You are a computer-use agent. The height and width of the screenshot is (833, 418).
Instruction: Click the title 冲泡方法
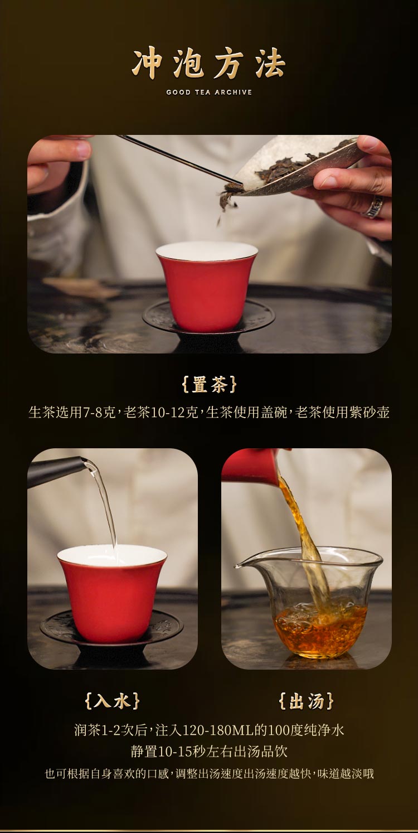(x=209, y=64)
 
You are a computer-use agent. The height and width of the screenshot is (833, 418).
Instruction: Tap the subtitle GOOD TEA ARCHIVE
(x=209, y=92)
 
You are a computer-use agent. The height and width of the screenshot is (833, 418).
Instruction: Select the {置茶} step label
(x=209, y=385)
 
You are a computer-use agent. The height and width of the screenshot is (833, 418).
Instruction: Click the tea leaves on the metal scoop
(x=286, y=167)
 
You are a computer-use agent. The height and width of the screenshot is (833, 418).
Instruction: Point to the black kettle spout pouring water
(x=56, y=471)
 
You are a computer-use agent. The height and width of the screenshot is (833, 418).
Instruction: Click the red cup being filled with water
(x=112, y=594)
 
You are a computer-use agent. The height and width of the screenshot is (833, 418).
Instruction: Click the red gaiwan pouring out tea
(x=250, y=467)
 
